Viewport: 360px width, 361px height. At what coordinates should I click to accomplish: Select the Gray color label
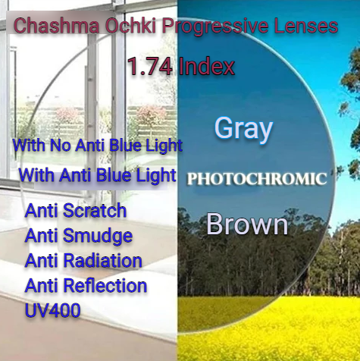click(x=243, y=128)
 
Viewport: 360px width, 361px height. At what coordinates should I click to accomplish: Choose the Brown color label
click(x=247, y=224)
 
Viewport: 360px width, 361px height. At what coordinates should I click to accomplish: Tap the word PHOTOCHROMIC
click(x=257, y=179)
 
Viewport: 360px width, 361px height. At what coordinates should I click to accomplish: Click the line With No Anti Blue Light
click(x=98, y=145)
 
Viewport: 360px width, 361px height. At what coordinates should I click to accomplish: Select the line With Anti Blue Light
click(x=97, y=175)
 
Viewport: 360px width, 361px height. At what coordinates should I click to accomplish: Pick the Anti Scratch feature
click(x=76, y=211)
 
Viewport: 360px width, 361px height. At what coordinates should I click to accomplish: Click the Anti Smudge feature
click(x=79, y=236)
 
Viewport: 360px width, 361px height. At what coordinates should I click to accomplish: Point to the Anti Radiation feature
click(x=83, y=261)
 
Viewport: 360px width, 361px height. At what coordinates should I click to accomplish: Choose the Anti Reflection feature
click(x=86, y=286)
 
